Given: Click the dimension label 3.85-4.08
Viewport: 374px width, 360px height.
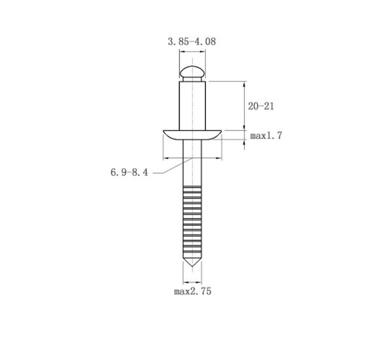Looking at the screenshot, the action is coord(192,41).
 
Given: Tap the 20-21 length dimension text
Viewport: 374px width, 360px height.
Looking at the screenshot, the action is coord(261,106).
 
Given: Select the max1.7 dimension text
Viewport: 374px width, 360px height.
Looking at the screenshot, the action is coord(266,136).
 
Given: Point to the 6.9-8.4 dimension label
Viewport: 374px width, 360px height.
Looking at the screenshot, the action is coord(129,172).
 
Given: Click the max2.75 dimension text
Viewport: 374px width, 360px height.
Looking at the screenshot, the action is coord(192,292).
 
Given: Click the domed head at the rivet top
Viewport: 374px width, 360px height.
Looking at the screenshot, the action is coord(192,71).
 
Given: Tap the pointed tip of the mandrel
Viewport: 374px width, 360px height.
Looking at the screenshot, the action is coord(192,266).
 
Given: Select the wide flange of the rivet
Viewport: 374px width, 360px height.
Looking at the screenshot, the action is coord(192,135).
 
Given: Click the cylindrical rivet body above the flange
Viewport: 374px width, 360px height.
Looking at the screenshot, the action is coord(192,106).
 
